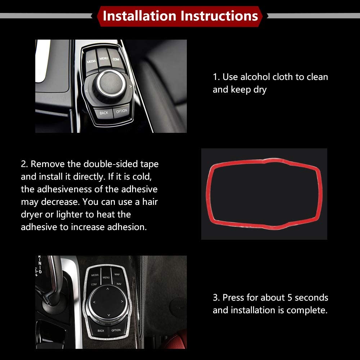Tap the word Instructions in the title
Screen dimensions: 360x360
click(219, 16)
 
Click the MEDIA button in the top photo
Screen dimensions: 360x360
click(91, 61)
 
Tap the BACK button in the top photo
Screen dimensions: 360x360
click(104, 113)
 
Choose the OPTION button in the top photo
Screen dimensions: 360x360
click(122, 111)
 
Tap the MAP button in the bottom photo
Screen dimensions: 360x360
click(117, 275)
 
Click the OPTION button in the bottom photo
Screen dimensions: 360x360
click(116, 330)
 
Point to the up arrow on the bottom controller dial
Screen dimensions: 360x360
click(107, 288)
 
